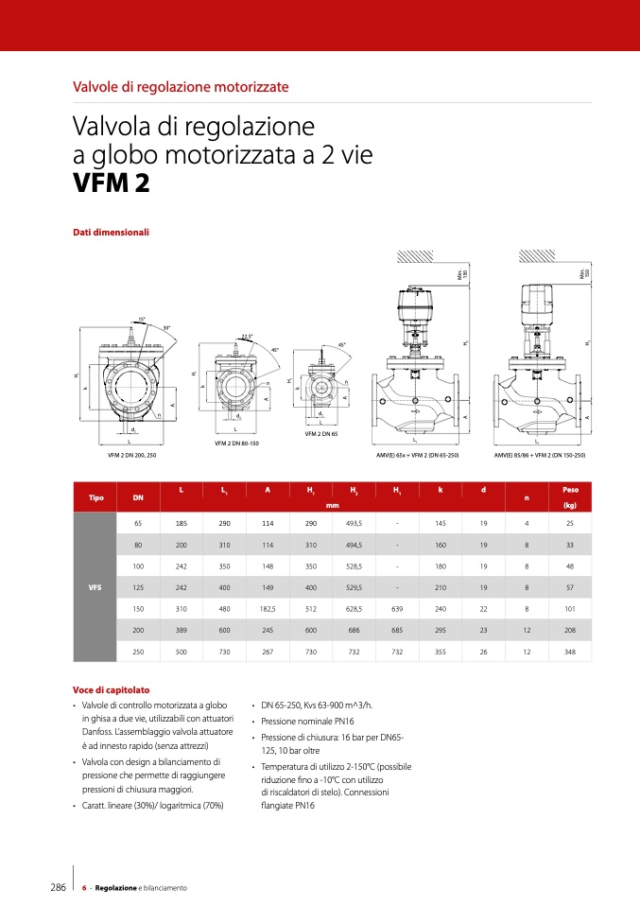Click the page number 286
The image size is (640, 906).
[x=57, y=887]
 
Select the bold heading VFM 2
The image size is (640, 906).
[x=111, y=183]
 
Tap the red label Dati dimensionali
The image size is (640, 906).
[x=111, y=232]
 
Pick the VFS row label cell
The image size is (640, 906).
[x=95, y=586]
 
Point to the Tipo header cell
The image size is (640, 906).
[x=95, y=497]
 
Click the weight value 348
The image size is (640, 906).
[x=570, y=652]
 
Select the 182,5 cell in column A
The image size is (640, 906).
[x=268, y=608]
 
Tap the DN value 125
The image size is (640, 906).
[x=138, y=586]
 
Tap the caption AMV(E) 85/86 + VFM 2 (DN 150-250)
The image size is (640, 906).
[x=540, y=455]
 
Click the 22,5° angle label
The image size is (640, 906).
[x=248, y=335]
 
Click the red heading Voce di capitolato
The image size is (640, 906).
[x=111, y=689]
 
